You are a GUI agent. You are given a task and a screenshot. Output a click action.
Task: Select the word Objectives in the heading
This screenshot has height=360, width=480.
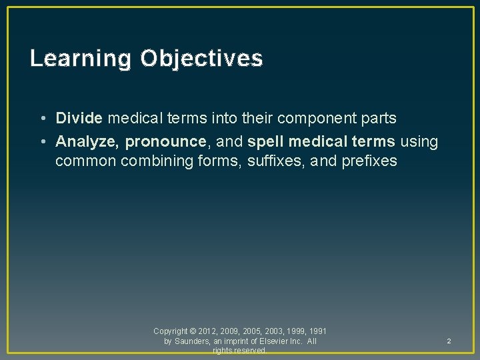point(201,59)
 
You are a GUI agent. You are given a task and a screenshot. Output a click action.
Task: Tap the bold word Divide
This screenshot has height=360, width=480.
point(79,119)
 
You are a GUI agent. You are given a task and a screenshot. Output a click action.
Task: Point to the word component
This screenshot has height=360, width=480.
point(317,119)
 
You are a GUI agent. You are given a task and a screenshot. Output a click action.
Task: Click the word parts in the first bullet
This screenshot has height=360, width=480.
point(379,119)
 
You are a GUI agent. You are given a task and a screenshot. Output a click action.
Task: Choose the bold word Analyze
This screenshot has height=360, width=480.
point(86,142)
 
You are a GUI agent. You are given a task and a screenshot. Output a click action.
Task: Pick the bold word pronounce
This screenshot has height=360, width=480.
point(165,142)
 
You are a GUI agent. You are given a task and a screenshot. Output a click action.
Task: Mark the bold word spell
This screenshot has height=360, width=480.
point(264,142)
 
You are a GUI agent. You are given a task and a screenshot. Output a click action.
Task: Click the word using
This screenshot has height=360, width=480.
point(419,142)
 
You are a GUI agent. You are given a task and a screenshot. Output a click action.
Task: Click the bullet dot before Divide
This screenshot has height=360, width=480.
point(42,119)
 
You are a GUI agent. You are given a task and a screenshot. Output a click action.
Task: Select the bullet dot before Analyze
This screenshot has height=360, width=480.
point(42,142)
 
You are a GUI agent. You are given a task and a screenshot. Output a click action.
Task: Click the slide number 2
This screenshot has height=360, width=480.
point(449,341)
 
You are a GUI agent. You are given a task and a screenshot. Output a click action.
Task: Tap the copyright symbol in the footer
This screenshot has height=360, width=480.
point(193,331)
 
